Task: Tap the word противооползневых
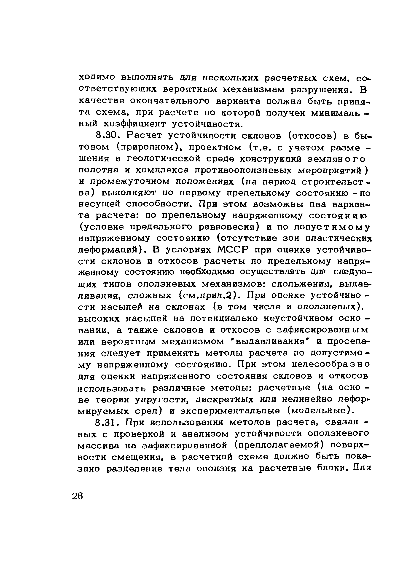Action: coord(243,170)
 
